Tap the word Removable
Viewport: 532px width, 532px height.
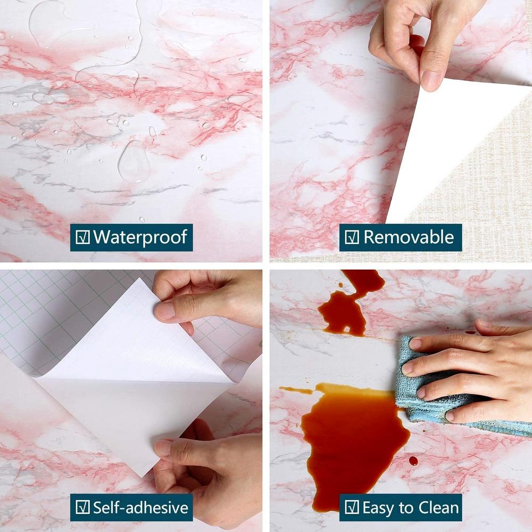pos(409,237)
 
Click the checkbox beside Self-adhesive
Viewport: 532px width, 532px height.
pos(82,508)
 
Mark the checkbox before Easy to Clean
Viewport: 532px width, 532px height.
pos(352,508)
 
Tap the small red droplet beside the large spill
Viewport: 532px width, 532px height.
pos(413,461)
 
